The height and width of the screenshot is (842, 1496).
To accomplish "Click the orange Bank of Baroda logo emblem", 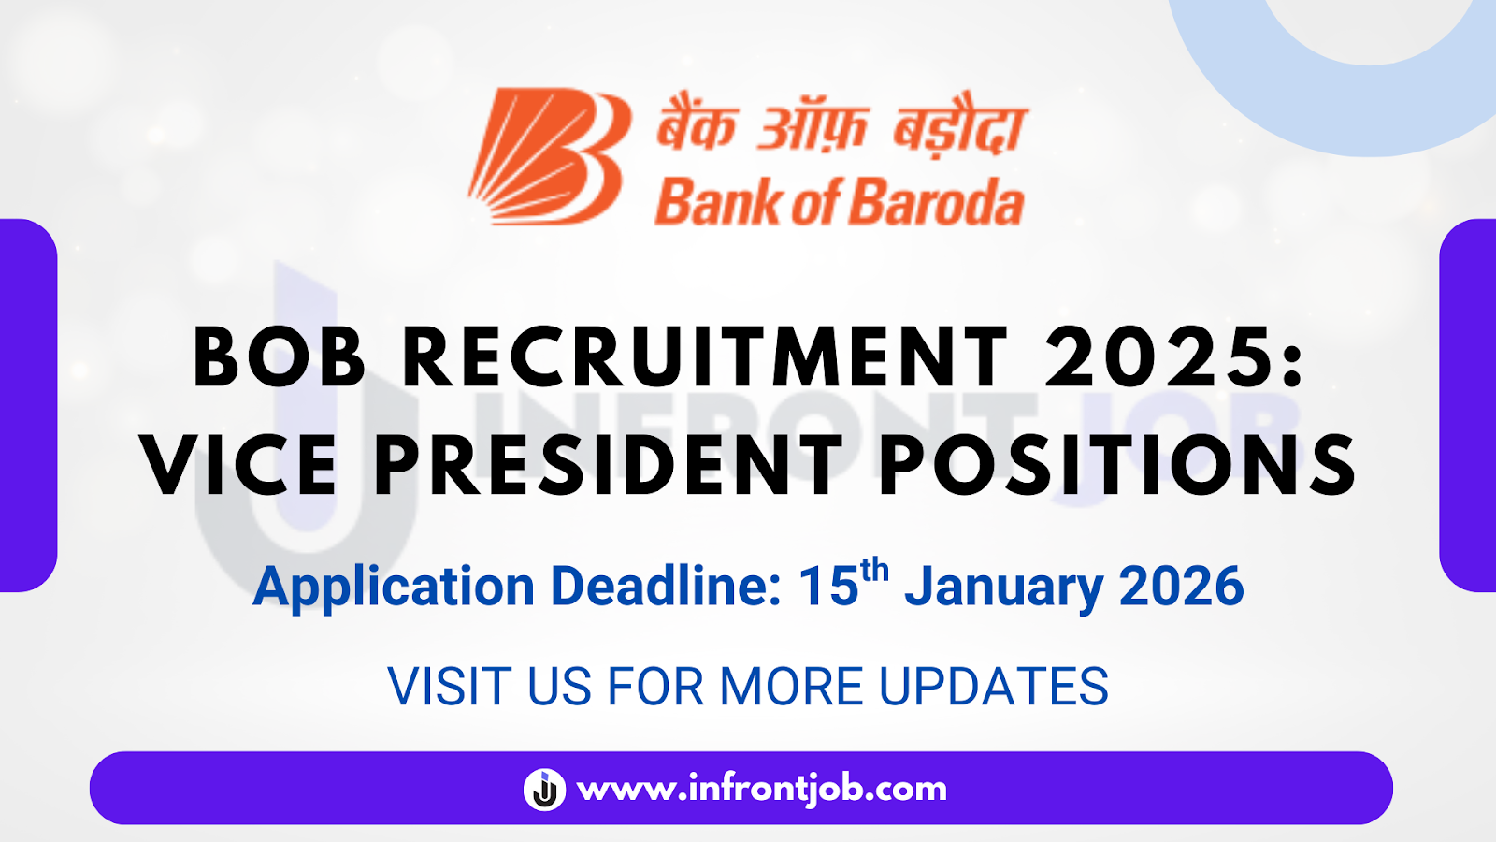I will (547, 156).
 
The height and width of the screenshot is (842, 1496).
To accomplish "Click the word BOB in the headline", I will (279, 357).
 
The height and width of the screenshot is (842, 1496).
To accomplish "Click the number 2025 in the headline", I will (1159, 357).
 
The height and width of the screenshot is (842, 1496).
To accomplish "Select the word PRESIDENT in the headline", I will (609, 465).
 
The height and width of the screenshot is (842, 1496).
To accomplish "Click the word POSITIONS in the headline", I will (1117, 465).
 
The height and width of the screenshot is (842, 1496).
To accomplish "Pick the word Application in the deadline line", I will (394, 588).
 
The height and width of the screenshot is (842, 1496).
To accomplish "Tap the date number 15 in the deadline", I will (828, 588).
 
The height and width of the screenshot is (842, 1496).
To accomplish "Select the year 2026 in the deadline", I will (1181, 588).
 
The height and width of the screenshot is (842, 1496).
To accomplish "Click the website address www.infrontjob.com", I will (762, 789).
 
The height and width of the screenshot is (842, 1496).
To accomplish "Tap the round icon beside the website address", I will (544, 789).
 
